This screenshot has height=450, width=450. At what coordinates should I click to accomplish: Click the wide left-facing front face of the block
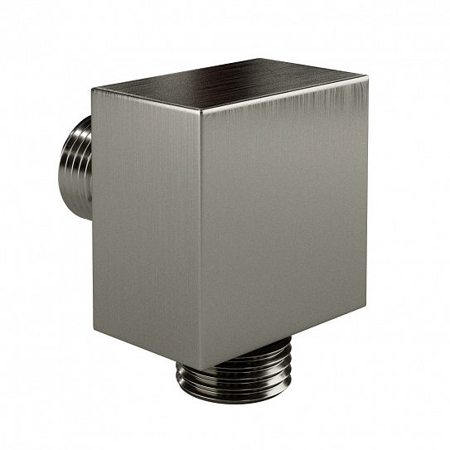click(148, 224)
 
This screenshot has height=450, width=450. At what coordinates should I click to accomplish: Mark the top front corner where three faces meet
click(201, 107)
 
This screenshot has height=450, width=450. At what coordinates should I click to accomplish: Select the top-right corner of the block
click(365, 75)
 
